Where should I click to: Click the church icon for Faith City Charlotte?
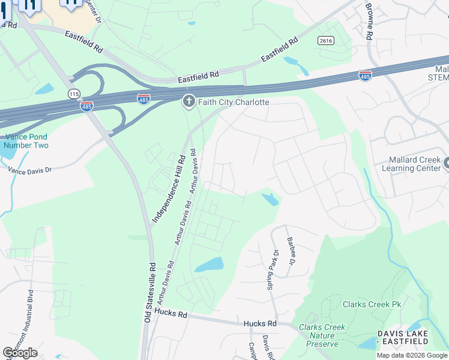click(x=188, y=102)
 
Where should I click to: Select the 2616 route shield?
click(x=326, y=40)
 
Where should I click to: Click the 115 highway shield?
click(x=74, y=94)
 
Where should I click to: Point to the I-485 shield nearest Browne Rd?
click(x=365, y=75)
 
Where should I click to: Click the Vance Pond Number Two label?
click(x=26, y=141)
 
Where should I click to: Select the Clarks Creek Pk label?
click(x=372, y=304)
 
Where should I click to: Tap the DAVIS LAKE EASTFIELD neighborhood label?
click(x=403, y=337)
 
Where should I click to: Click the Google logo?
click(x=20, y=353)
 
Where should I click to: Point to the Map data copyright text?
click(x=412, y=355)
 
